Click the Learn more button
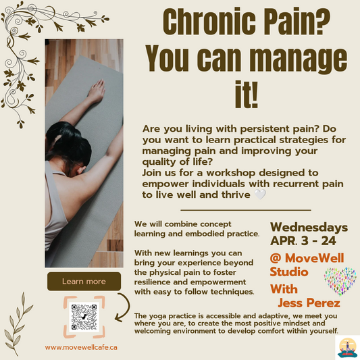click(84, 280)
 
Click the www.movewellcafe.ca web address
click(82, 346)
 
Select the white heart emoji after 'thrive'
click(261, 195)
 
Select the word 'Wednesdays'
click(309, 226)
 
